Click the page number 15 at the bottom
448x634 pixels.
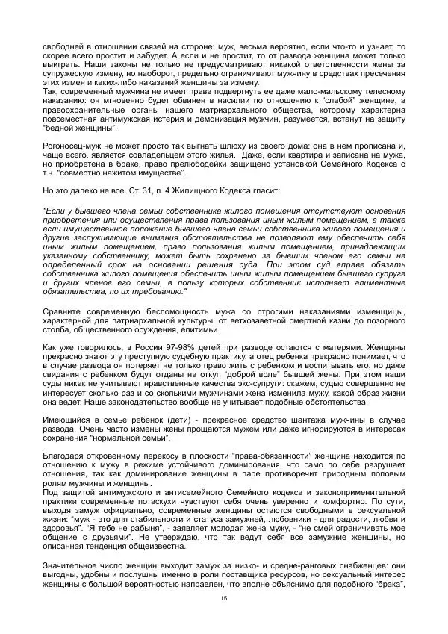223,599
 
